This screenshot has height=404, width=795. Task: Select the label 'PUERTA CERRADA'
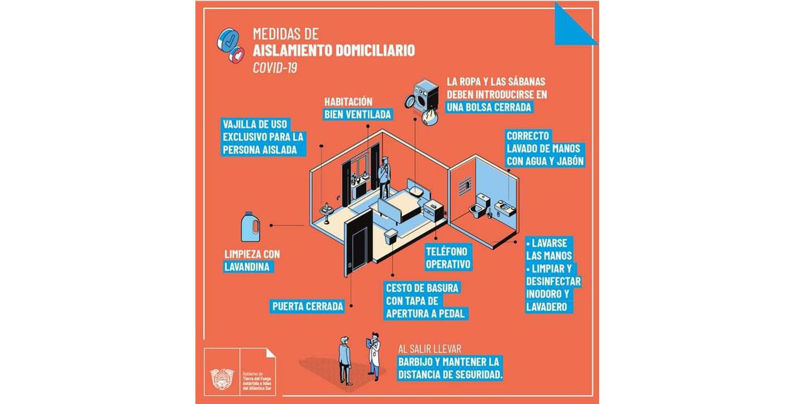307,306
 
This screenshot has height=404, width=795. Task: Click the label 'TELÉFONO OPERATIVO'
448,258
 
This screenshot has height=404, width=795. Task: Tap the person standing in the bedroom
384,177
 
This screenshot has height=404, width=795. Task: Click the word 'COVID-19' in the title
275,68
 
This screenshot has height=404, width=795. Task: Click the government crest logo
222,378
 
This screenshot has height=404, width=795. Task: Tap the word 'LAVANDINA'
247,267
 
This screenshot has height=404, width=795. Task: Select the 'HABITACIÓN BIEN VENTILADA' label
357,108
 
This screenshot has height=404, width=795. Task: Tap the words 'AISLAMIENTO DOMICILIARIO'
333,50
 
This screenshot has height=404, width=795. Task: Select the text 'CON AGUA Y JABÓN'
545,161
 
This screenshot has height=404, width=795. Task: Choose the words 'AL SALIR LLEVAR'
429,349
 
